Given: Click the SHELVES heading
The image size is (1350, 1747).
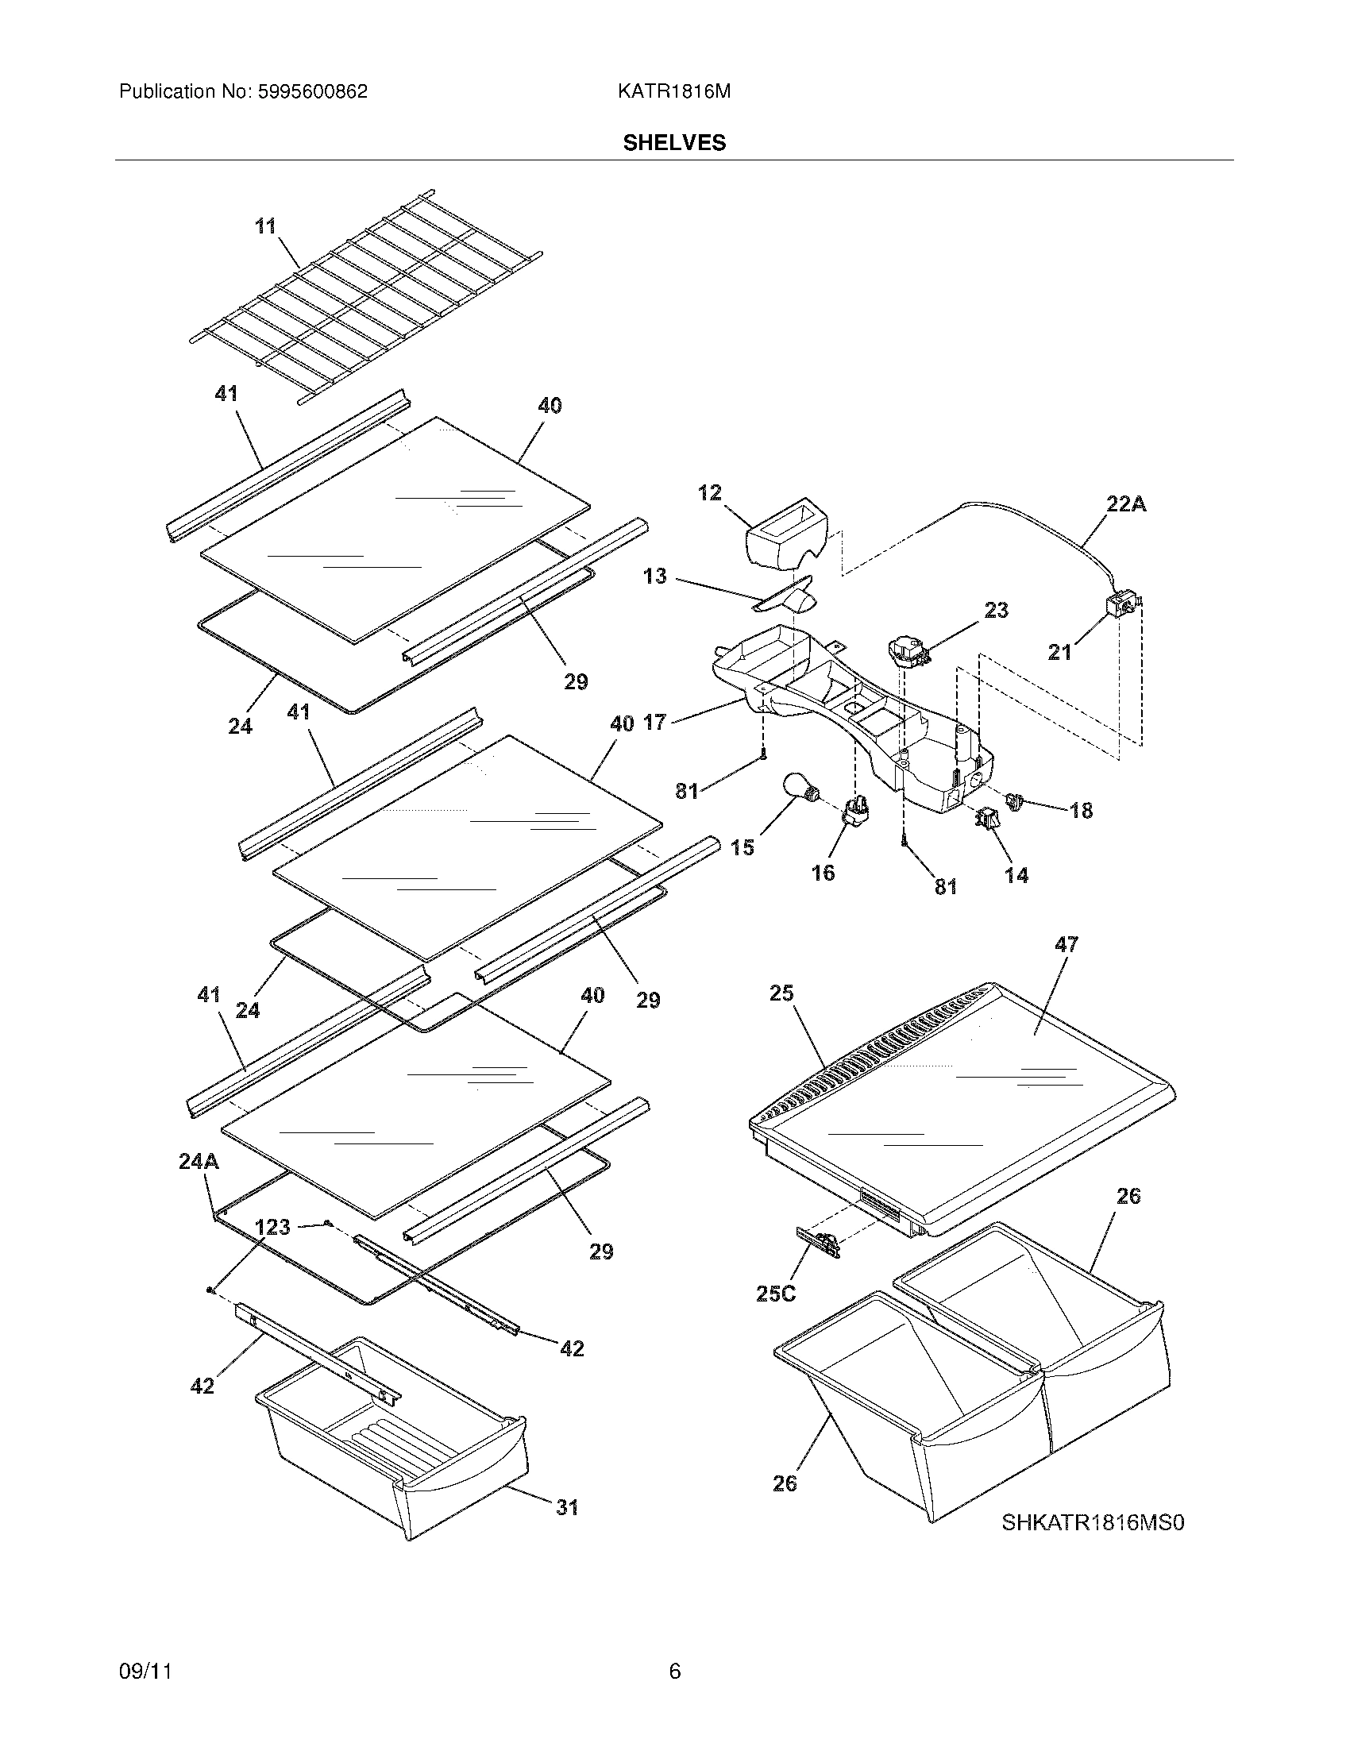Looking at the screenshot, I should click(x=674, y=142).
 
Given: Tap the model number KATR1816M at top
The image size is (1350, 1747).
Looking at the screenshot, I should click(x=673, y=91).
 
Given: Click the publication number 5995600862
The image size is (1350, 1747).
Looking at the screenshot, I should click(x=312, y=91).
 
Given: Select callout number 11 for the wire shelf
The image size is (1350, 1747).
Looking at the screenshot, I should click(x=265, y=226).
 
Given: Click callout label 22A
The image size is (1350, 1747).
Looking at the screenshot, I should click(x=1126, y=504).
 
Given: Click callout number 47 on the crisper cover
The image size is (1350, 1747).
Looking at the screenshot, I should click(x=1066, y=944).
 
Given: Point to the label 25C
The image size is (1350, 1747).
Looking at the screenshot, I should click(x=775, y=1294).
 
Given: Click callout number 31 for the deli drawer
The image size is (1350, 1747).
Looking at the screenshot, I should click(x=567, y=1507).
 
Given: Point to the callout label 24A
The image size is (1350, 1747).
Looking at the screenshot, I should click(x=199, y=1161).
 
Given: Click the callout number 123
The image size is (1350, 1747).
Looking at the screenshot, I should click(x=272, y=1226).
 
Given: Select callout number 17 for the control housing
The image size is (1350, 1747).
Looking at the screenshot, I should click(x=654, y=723).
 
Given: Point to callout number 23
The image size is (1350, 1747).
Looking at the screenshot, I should click(x=996, y=610).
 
